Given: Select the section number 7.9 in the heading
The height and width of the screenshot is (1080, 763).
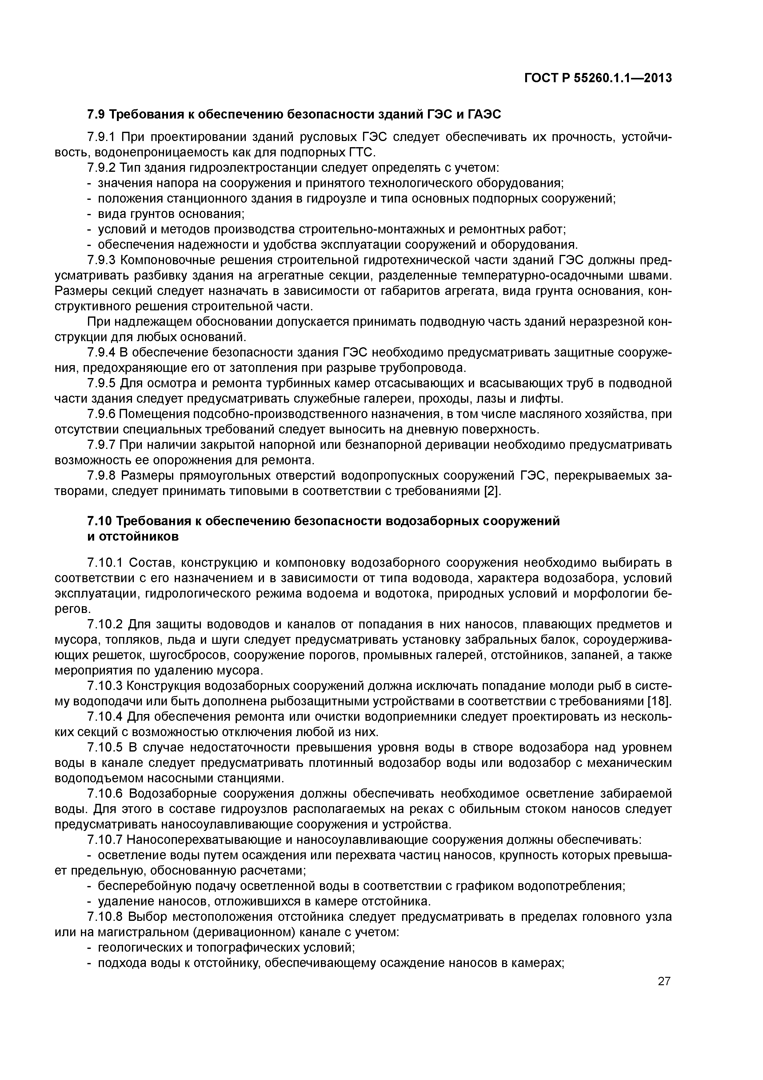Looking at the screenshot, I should point(98,114).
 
